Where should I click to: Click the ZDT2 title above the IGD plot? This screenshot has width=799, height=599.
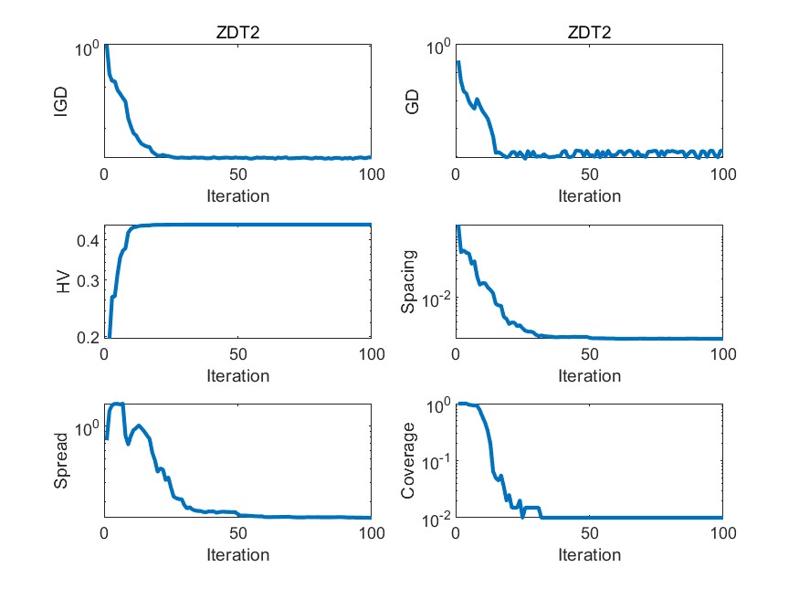pyautogui.click(x=237, y=33)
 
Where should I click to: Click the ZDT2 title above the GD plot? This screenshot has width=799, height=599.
pyautogui.click(x=589, y=33)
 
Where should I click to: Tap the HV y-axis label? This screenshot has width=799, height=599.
pyautogui.click(x=62, y=281)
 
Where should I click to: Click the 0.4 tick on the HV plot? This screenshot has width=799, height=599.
pyautogui.click(x=88, y=241)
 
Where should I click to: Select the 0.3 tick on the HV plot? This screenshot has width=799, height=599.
pyautogui.click(x=88, y=280)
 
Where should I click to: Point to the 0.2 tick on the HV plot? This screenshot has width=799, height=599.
pyautogui.click(x=88, y=337)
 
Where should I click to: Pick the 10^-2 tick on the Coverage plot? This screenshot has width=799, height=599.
pyautogui.click(x=433, y=518)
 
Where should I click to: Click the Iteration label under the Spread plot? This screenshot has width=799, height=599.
pyautogui.click(x=237, y=555)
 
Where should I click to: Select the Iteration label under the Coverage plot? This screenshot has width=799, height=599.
pyautogui.click(x=589, y=555)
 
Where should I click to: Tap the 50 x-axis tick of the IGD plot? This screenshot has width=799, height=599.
pyautogui.click(x=237, y=174)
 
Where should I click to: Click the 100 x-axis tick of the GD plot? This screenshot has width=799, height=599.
pyautogui.click(x=721, y=174)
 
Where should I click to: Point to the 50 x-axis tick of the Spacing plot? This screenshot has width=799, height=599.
pyautogui.click(x=589, y=354)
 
